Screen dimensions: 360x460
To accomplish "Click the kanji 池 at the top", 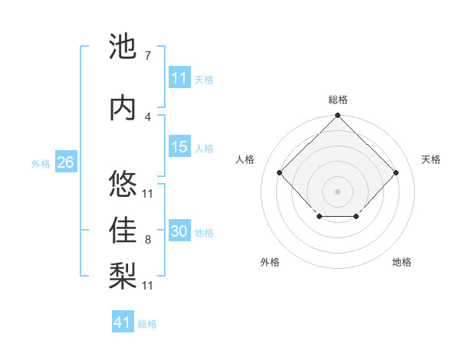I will [123, 47].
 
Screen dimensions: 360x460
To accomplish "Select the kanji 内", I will [123, 108].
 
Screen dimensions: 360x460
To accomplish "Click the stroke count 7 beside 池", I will [148, 56].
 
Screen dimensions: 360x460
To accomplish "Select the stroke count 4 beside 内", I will [148, 116].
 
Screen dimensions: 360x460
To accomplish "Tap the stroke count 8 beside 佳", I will [148, 240].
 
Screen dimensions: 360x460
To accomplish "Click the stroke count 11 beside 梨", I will [148, 285].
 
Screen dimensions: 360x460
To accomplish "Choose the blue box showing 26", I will [65, 162].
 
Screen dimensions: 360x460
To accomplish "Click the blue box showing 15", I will [179, 147].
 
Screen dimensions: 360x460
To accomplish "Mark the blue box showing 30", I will [179, 232].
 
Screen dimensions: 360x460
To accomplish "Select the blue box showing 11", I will [179, 78].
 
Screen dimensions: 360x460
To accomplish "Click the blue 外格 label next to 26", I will [41, 163].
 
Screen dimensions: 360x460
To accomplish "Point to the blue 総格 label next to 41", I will [147, 324].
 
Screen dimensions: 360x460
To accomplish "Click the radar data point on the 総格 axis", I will [337, 116].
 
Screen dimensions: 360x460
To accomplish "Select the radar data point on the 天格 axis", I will [396, 173].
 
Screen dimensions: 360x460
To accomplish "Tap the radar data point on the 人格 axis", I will [280, 173].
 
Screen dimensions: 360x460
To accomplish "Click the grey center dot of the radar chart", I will [337, 191].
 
